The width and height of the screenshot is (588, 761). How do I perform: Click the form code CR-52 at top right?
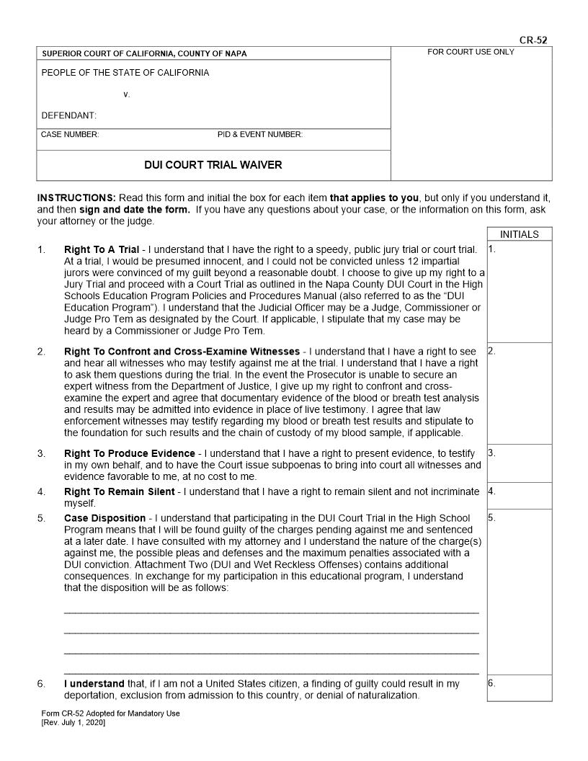pyautogui.click(x=533, y=40)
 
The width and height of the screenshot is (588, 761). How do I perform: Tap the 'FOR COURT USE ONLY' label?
pyautogui.click(x=471, y=52)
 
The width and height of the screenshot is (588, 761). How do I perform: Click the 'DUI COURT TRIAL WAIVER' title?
pyautogui.click(x=213, y=165)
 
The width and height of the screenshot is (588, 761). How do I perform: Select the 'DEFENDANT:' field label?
pyautogui.click(x=69, y=115)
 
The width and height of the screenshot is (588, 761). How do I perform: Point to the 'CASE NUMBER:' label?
pyautogui.click(x=71, y=135)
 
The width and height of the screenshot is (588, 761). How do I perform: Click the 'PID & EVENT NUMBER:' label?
pyautogui.click(x=260, y=135)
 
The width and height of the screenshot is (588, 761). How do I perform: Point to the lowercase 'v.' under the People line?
pyautogui.click(x=126, y=94)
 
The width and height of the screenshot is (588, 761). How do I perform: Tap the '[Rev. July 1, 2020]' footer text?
pyautogui.click(x=73, y=723)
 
